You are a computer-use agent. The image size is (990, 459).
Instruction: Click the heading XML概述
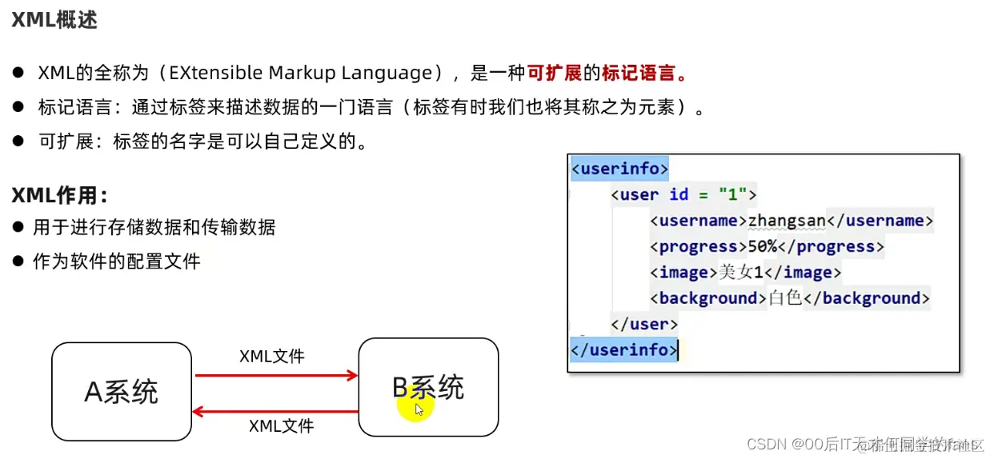54,20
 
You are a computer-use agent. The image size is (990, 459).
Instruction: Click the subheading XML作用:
58,195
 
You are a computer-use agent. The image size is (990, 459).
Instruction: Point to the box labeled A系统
122,392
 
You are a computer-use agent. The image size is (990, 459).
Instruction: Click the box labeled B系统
428,388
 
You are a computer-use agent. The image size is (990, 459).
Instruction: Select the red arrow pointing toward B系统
275,375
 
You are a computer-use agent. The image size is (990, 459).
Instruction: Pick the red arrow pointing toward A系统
275,412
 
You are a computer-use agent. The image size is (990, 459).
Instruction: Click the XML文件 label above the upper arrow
272,356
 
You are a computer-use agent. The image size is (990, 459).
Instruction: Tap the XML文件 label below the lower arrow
282,426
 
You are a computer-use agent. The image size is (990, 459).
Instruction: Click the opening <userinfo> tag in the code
619,169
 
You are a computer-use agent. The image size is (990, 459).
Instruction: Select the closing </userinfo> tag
623,349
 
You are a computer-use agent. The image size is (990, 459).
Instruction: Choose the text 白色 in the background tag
784,298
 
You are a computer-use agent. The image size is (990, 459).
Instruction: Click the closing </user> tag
643,324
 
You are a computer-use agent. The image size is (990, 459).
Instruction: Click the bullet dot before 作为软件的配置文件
18,261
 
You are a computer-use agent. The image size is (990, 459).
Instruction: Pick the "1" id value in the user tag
732,194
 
